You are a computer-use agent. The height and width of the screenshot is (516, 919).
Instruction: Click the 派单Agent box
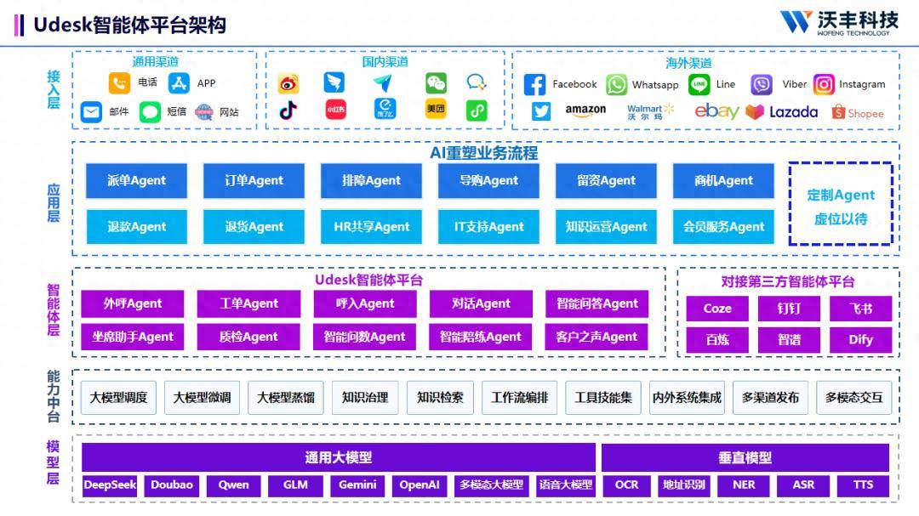click(136, 180)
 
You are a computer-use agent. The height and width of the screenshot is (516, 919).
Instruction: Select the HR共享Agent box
click(371, 227)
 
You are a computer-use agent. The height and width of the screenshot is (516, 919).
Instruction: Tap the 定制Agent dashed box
click(841, 205)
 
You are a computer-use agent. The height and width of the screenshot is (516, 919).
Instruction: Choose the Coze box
click(717, 309)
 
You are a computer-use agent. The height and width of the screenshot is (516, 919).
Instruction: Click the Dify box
click(860, 339)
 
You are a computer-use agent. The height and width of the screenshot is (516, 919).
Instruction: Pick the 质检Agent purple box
click(248, 337)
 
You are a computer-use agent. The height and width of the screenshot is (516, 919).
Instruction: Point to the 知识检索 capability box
click(440, 397)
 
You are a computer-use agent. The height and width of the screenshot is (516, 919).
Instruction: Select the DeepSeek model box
click(110, 485)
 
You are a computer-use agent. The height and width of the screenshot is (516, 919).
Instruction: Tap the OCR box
click(626, 485)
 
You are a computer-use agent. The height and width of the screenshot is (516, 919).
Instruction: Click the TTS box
click(863, 485)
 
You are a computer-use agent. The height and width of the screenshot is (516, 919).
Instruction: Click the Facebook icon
click(534, 84)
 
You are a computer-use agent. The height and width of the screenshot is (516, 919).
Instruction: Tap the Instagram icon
click(824, 84)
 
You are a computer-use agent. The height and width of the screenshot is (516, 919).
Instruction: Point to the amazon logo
click(585, 111)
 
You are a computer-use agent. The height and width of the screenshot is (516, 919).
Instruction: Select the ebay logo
click(716, 111)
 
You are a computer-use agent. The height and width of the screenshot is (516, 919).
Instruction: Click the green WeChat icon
click(436, 83)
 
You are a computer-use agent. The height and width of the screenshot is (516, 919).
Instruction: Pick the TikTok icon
click(288, 111)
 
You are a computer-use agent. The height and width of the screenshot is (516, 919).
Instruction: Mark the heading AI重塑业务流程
click(483, 153)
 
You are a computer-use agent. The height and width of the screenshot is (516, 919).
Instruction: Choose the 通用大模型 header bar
click(339, 457)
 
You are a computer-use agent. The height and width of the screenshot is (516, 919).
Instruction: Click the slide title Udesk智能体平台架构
click(129, 25)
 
